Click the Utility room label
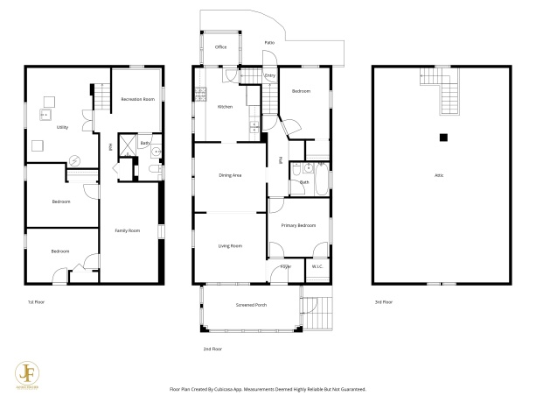click(x=62, y=127)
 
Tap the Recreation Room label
click(x=137, y=99)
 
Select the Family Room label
click(x=128, y=230)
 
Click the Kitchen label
click(x=225, y=107)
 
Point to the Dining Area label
click(x=230, y=176)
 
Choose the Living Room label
click(x=230, y=246)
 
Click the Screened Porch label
click(x=252, y=305)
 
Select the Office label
click(x=221, y=47)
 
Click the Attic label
click(x=439, y=176)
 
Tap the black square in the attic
click(x=443, y=137)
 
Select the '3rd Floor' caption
click(x=384, y=301)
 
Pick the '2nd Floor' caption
click(x=212, y=349)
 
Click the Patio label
click(x=271, y=42)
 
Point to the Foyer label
click(x=285, y=266)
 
